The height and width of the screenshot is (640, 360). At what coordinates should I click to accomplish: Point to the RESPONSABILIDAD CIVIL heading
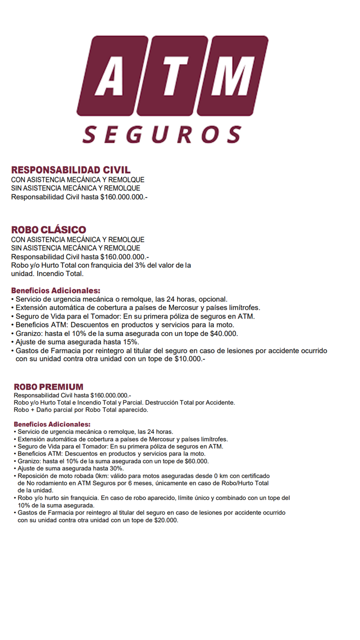(71, 170)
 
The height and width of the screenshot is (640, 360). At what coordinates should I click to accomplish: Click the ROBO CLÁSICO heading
(48, 229)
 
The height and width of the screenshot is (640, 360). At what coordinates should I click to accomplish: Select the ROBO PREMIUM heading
(48, 387)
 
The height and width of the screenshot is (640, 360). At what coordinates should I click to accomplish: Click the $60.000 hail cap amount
(196, 461)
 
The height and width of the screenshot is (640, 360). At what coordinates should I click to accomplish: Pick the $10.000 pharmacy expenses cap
(188, 359)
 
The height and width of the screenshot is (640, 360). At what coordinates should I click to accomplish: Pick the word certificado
(252, 476)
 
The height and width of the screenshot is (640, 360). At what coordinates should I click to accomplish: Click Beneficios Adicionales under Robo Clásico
(55, 290)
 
